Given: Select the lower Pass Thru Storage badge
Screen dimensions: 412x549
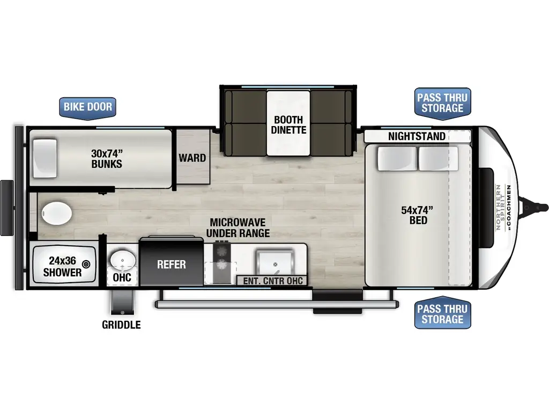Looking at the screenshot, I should pyautogui.click(x=442, y=314).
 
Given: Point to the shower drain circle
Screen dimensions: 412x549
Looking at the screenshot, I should pyautogui.click(x=86, y=263).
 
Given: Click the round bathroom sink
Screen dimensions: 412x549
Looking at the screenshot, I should pyautogui.click(x=123, y=259).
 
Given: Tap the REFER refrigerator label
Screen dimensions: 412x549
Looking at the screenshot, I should pyautogui.click(x=172, y=264).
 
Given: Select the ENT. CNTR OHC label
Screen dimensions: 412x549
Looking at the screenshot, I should pyautogui.click(x=273, y=281).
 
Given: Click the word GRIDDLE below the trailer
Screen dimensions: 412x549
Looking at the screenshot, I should pyautogui.click(x=122, y=325).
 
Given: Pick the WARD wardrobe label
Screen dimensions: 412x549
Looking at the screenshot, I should pyautogui.click(x=192, y=158).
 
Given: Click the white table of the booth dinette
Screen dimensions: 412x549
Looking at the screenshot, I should pyautogui.click(x=288, y=123).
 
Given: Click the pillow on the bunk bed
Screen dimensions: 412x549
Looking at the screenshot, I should pyautogui.click(x=44, y=158).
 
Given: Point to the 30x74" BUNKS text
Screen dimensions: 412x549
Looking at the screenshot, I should pyautogui.click(x=106, y=158).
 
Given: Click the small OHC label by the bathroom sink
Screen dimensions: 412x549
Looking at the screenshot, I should pyautogui.click(x=122, y=278).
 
